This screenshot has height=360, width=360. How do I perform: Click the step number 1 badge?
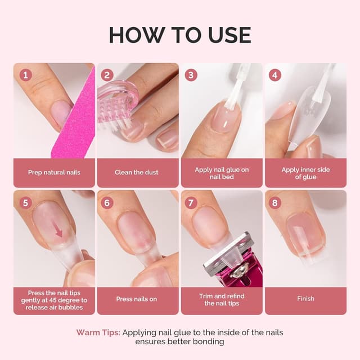[25, 75]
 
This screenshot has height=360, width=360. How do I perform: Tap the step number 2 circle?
[107, 75]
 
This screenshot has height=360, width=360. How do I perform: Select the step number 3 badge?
[191, 75]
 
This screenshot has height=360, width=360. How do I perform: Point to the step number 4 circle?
[274, 75]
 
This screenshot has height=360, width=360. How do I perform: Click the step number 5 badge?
[25, 202]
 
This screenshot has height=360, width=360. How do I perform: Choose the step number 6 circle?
[107, 202]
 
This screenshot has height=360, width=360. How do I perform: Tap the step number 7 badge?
[191, 202]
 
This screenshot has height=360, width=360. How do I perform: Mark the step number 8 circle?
[274, 202]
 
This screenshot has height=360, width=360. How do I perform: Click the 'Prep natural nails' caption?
[54, 172]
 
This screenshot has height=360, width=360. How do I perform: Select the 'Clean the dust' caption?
[137, 172]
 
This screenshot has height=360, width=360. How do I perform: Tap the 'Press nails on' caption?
[137, 299]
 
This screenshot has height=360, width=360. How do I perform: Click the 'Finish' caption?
[305, 299]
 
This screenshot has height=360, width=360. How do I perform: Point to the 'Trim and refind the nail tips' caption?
[221, 299]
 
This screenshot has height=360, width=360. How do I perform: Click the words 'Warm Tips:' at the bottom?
[98, 332]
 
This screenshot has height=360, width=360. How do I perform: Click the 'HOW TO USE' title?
[180, 35]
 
